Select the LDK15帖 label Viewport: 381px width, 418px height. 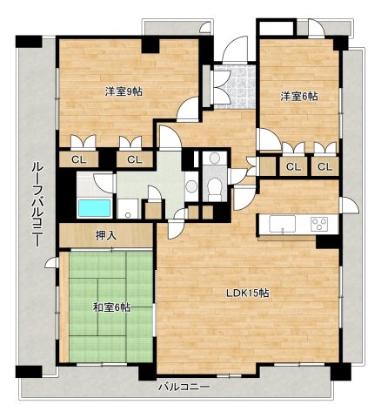[249, 293]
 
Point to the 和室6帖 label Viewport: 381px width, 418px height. [110, 307]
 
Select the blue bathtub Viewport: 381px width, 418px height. [95, 208]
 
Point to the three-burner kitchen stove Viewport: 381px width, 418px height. [319, 224]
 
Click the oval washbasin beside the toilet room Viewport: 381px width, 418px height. [191, 185]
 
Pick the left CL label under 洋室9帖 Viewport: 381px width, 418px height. [79, 159]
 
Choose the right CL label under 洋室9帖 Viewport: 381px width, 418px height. [135, 159]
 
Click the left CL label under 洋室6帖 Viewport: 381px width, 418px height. [293, 166]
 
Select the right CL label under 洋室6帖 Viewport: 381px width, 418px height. [324, 166]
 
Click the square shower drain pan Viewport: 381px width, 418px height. [129, 208]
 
